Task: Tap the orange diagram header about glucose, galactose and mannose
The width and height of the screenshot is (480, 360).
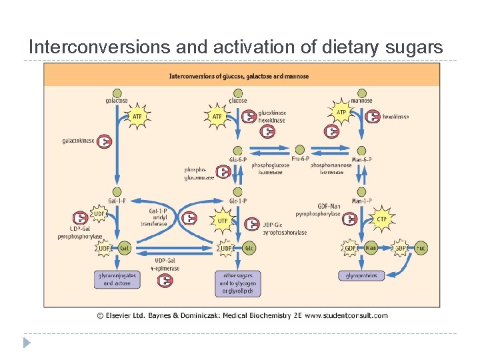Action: coord(239,76)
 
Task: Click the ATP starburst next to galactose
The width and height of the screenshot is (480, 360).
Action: coord(137,117)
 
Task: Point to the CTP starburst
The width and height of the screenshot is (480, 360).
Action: coord(381,219)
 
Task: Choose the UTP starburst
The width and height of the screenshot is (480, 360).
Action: coord(223,220)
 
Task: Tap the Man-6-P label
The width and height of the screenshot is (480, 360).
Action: coord(361,159)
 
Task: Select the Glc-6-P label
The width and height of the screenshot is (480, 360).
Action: coord(237,159)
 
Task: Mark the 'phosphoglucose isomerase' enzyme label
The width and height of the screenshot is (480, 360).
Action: coord(271,168)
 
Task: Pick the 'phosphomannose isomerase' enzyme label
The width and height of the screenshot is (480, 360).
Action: coord(327,168)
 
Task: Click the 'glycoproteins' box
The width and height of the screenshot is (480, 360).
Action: coord(361,275)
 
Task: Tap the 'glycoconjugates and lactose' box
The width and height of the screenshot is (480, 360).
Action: coord(117,279)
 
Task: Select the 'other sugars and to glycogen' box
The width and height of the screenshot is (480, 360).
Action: coord(237,283)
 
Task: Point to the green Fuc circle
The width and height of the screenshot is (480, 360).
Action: coord(421,248)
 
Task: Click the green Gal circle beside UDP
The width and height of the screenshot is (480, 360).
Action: coord(124,248)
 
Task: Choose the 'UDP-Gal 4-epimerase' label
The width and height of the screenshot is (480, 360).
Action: coord(165,264)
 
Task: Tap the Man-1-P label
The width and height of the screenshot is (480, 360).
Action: coord(361,201)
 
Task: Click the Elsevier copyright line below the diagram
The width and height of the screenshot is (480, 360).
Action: coord(241,315)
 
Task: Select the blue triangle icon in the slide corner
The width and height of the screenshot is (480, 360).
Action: coord(27,343)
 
